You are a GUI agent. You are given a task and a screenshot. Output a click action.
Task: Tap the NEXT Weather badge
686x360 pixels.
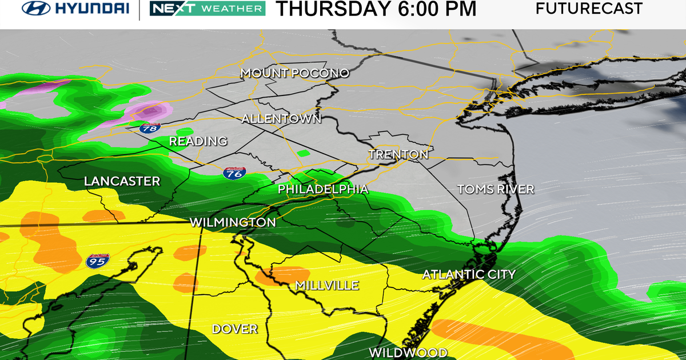pyautogui.click(x=207, y=9)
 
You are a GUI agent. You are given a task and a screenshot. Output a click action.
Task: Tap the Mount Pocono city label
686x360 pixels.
pyautogui.click(x=294, y=73)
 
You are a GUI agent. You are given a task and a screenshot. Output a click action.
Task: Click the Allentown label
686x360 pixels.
pyautogui.click(x=281, y=119)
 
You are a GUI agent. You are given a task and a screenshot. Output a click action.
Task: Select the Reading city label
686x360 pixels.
pyautogui.click(x=198, y=141)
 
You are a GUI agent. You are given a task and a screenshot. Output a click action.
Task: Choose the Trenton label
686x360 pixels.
pyautogui.click(x=398, y=154)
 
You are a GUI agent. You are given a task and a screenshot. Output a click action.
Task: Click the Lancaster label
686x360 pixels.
pyautogui.click(x=122, y=181)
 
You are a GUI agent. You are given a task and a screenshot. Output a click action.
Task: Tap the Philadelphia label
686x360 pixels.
pyautogui.click(x=323, y=189)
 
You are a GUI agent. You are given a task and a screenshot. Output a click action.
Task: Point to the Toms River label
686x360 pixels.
pyautogui.click(x=496, y=189)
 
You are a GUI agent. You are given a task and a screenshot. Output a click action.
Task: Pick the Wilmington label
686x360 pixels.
pyautogui.click(x=233, y=222)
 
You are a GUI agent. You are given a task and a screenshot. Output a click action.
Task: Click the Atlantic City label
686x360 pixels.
pyautogui.click(x=469, y=275)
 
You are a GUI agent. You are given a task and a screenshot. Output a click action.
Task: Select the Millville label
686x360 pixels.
pyautogui.click(x=327, y=285)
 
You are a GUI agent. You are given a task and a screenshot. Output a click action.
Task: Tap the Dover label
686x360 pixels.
pyautogui.click(x=234, y=329)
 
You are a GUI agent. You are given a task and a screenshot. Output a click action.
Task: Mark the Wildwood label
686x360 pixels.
pyautogui.click(x=408, y=352)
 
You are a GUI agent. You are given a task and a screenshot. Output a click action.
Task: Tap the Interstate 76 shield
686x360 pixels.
pyautogui.click(x=234, y=173)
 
